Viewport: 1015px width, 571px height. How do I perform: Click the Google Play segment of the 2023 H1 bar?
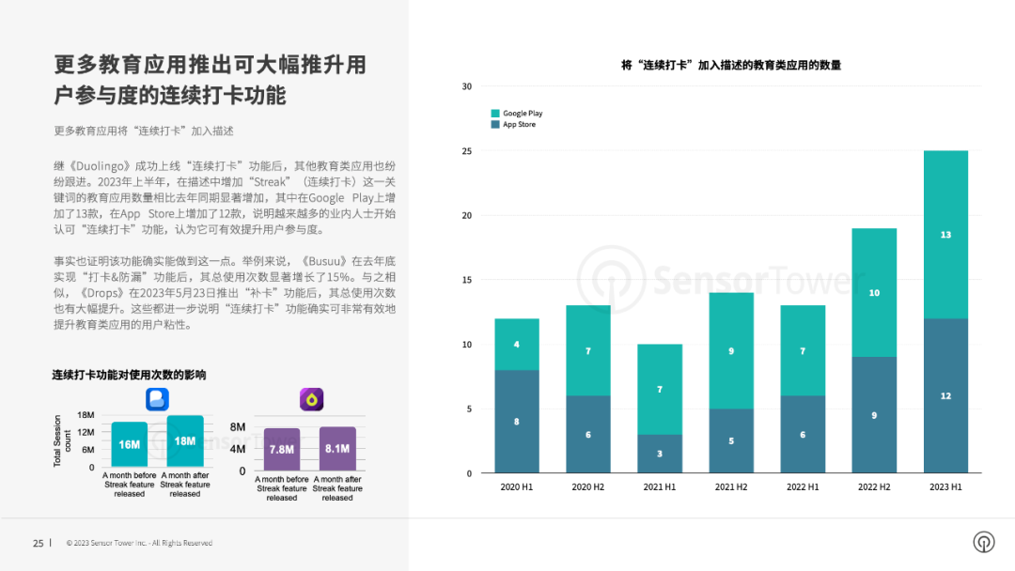pyautogui.click(x=945, y=235)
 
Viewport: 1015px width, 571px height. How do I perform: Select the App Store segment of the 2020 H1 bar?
pyautogui.click(x=517, y=421)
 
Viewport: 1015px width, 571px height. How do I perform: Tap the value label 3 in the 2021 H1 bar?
pyautogui.click(x=660, y=454)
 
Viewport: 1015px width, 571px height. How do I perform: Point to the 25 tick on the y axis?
pyautogui.click(x=466, y=150)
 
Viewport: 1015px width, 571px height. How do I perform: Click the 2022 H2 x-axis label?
pyautogui.click(x=874, y=486)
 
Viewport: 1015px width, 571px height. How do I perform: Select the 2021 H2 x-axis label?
pyautogui.click(x=731, y=486)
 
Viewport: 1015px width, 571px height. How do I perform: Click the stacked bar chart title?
pyautogui.click(x=731, y=65)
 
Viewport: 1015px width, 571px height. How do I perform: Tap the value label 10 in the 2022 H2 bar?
pyautogui.click(x=874, y=293)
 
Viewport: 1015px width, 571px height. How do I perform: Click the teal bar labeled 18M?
pyautogui.click(x=185, y=440)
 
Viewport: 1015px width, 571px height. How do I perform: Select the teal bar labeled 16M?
pyautogui.click(x=130, y=444)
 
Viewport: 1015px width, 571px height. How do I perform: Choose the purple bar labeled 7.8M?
pyautogui.click(x=281, y=450)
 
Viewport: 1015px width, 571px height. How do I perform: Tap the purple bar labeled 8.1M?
pyautogui.click(x=337, y=449)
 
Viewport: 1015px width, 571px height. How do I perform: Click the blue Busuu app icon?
pyautogui.click(x=157, y=399)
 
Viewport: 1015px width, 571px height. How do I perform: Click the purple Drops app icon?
pyautogui.click(x=311, y=399)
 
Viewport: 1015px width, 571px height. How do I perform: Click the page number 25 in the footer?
pyautogui.click(x=38, y=543)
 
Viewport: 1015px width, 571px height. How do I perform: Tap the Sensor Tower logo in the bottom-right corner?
pyautogui.click(x=983, y=542)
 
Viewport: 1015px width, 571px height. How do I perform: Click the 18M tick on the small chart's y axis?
pyautogui.click(x=86, y=414)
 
